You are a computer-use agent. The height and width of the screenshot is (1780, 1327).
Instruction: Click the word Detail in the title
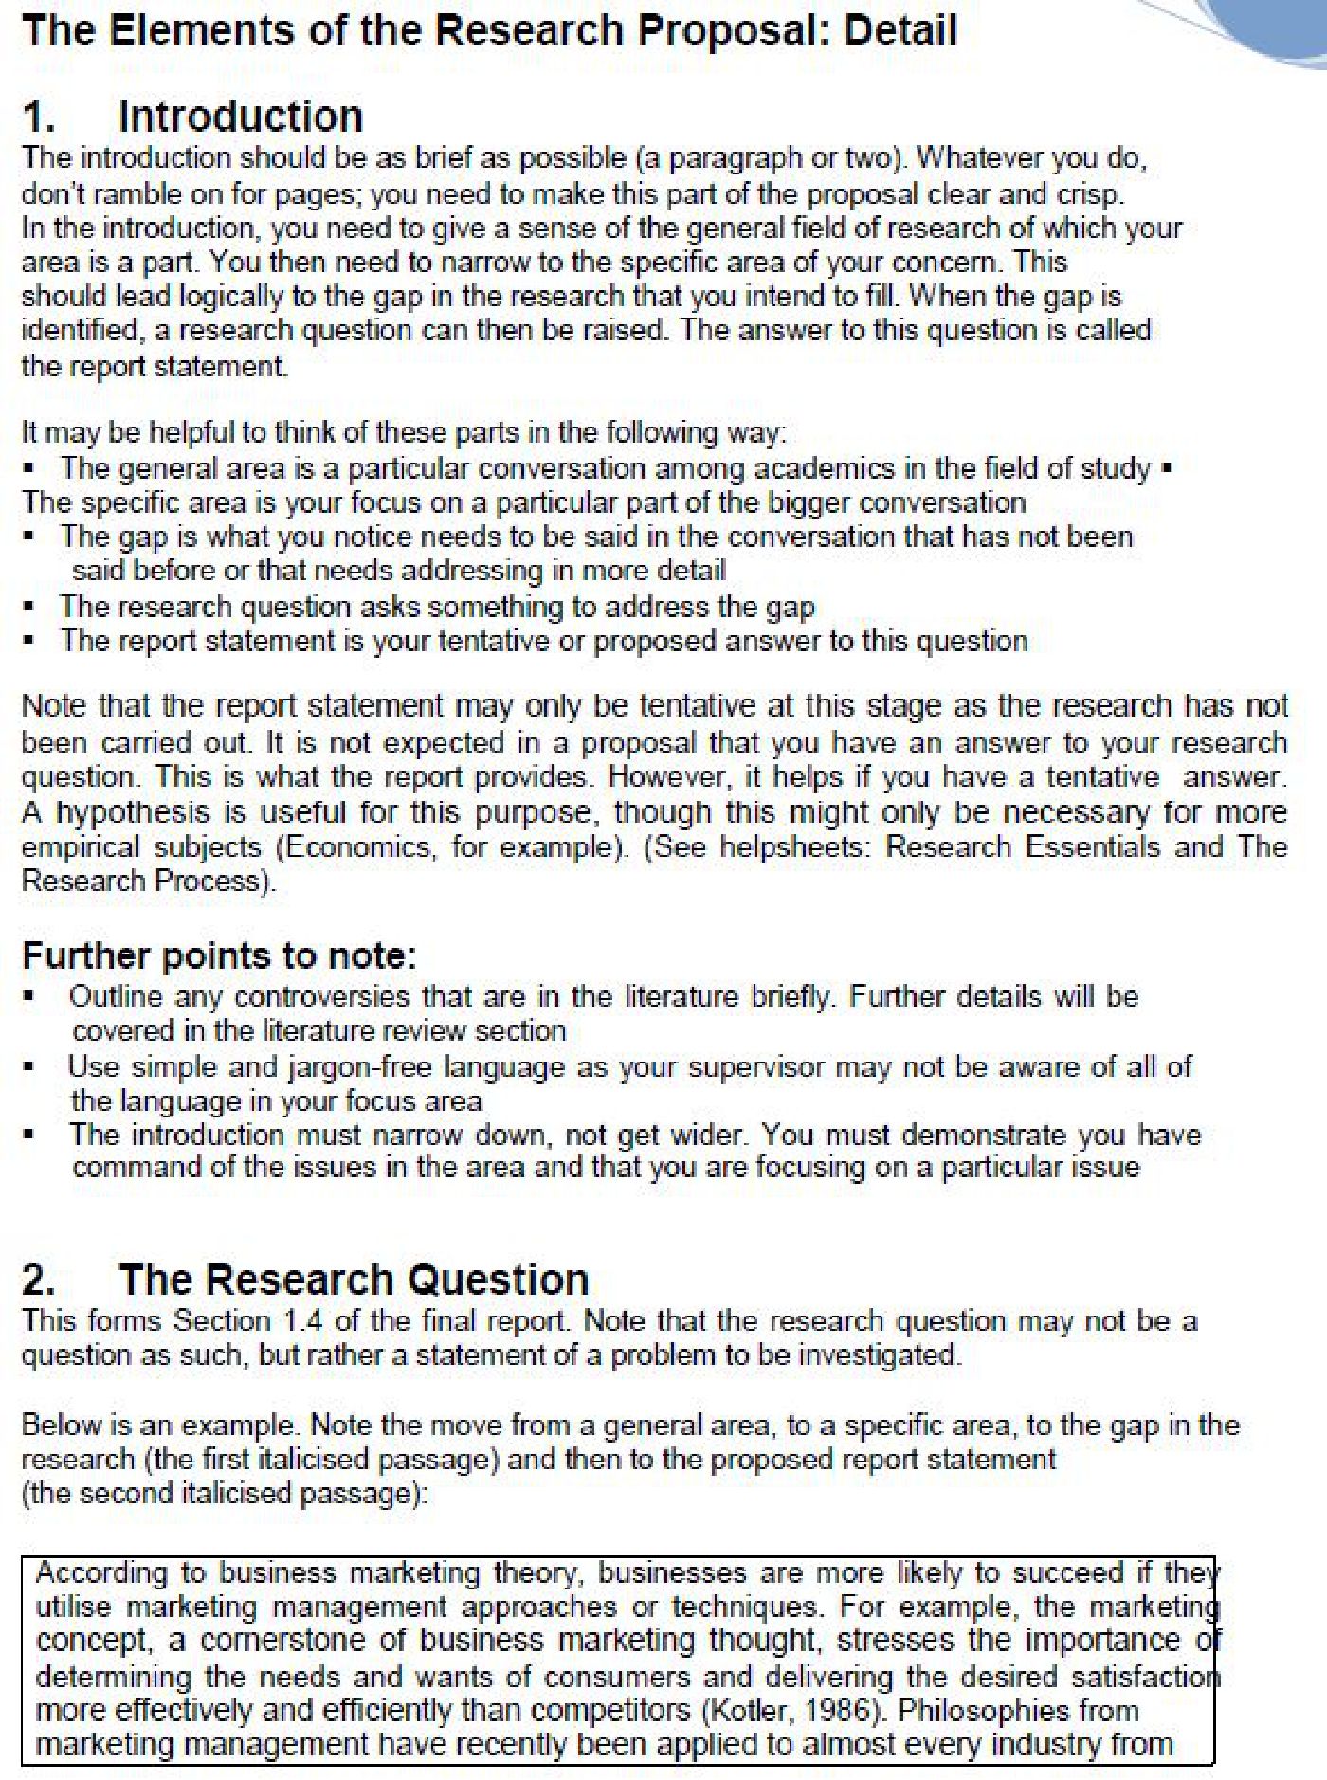(x=900, y=30)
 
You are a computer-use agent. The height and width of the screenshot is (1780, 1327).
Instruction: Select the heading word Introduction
(x=240, y=117)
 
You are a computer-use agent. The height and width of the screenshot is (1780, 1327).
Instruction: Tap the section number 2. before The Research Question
(x=38, y=1280)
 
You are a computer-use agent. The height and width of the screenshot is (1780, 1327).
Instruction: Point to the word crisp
(x=1089, y=194)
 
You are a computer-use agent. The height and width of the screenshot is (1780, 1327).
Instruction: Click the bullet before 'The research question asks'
(x=30, y=606)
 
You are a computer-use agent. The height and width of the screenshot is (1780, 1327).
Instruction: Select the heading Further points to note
(x=219, y=954)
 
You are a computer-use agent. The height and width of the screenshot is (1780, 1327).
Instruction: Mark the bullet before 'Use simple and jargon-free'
(x=30, y=1066)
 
